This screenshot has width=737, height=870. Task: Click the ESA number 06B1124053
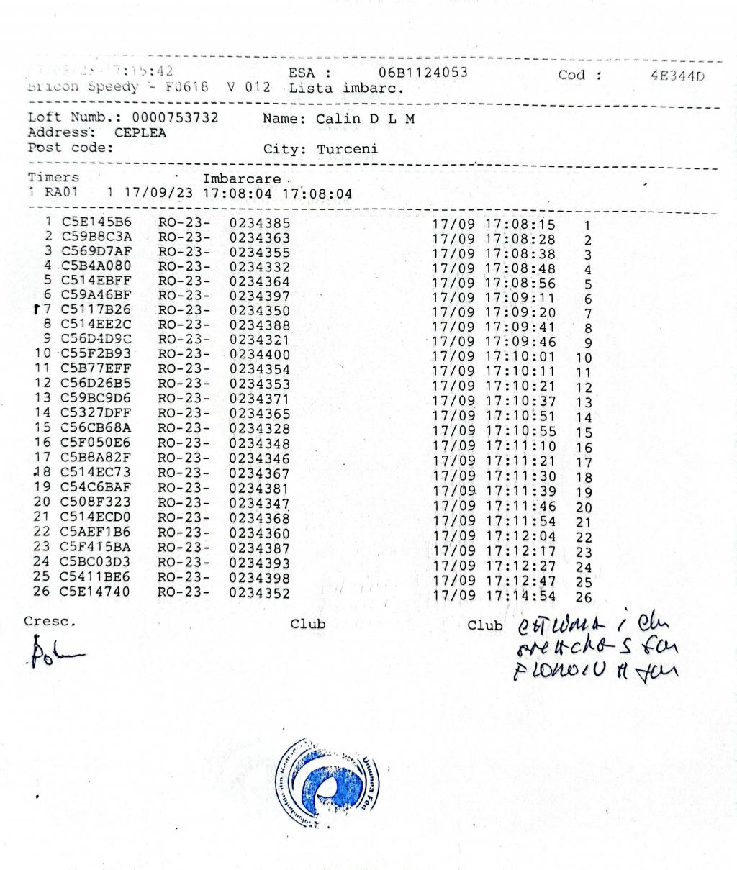click(422, 73)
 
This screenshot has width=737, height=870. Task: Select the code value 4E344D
click(677, 76)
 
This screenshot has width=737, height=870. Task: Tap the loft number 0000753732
click(175, 117)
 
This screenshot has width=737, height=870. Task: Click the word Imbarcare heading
click(242, 179)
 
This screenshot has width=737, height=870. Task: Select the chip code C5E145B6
click(96, 222)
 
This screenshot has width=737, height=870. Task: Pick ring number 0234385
click(260, 223)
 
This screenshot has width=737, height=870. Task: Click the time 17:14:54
click(520, 596)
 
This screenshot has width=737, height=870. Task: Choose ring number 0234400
click(260, 355)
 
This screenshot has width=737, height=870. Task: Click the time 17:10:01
click(520, 356)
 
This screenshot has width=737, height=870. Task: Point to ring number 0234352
click(260, 594)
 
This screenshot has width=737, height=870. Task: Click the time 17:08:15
click(520, 225)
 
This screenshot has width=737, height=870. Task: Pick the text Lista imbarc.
click(346, 89)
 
